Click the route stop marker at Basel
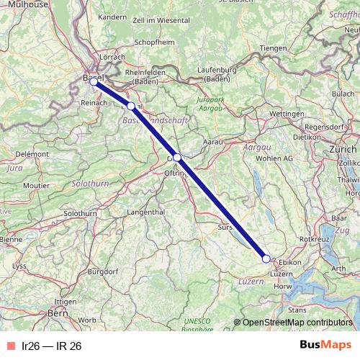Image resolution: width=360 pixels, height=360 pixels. [x=94, y=81]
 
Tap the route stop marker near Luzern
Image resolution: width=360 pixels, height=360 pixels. [x=266, y=258]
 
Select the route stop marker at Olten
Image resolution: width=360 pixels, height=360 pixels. [x=177, y=157]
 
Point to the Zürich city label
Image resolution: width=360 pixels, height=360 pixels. [x=341, y=148]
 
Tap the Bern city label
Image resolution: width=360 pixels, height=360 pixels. [x=57, y=313]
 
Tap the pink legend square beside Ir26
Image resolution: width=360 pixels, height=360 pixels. [x=9, y=346]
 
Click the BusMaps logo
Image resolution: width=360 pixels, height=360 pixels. [x=325, y=345]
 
